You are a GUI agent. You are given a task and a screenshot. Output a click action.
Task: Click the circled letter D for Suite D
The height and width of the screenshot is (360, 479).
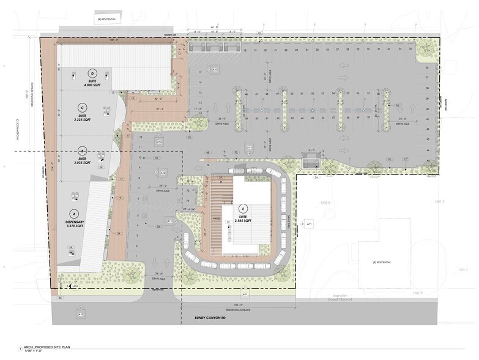93,73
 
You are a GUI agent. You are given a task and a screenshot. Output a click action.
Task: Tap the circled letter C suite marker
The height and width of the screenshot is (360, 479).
81,107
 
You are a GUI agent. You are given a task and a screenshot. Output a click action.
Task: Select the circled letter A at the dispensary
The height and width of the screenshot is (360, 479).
75,214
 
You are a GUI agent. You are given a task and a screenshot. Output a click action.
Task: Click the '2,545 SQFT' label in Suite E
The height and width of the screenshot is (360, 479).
243,220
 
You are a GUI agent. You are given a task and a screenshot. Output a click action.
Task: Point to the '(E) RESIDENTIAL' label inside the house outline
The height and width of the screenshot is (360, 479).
382,262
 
